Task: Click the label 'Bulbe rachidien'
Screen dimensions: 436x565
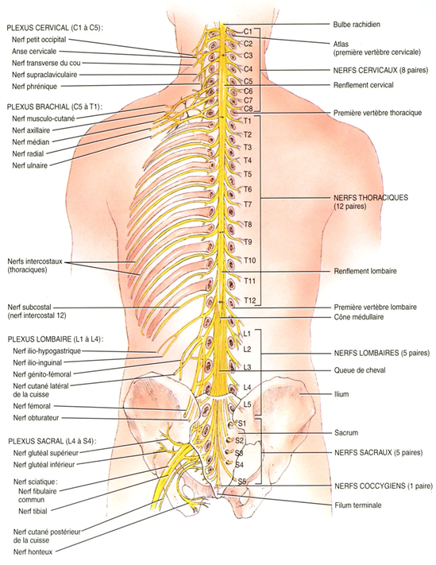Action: click(357, 25)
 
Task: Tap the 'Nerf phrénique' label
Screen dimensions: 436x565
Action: click(35, 87)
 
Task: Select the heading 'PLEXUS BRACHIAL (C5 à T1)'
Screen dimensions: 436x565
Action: click(55, 106)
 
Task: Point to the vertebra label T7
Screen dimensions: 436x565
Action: click(248, 204)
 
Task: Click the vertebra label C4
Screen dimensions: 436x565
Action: click(248, 69)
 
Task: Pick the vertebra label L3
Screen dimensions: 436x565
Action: click(247, 367)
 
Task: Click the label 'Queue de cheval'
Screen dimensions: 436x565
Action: click(359, 370)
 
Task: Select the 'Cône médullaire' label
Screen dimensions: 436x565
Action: click(359, 317)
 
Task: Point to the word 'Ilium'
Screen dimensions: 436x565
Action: click(341, 394)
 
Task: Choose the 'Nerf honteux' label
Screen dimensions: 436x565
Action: click(33, 551)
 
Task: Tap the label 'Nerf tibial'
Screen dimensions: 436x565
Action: click(33, 511)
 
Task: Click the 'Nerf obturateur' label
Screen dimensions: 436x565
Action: click(36, 418)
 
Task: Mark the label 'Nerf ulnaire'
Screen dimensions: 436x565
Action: click(30, 166)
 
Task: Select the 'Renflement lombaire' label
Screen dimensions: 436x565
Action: click(365, 271)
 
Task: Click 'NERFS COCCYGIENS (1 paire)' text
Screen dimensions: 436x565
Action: click(384, 486)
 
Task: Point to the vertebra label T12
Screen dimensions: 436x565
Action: click(250, 300)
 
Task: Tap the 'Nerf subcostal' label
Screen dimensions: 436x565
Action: click(29, 308)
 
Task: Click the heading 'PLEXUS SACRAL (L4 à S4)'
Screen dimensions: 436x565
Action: click(53, 441)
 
